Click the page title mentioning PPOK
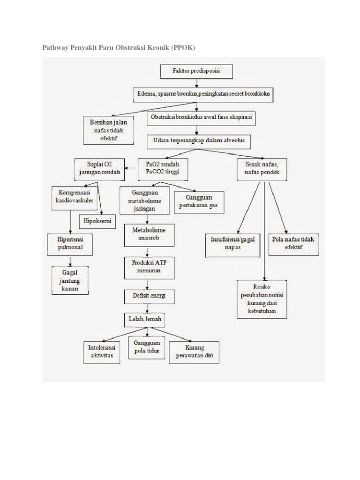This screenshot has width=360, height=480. [119, 48]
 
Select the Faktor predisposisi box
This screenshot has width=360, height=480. [197, 72]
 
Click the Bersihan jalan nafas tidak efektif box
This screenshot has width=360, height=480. [108, 130]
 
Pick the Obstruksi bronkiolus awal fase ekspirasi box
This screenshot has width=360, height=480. [201, 119]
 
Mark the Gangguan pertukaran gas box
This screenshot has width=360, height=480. [199, 201]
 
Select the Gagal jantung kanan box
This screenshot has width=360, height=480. [70, 280]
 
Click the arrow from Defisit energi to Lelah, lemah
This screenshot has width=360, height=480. [148, 307]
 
